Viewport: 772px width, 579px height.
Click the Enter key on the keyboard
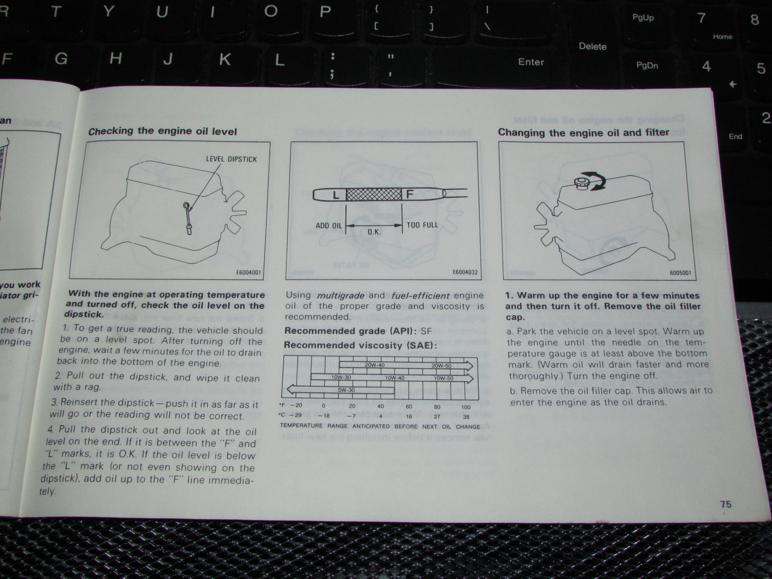click(x=531, y=62)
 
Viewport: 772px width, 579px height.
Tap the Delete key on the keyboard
click(x=592, y=46)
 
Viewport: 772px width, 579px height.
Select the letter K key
click(x=224, y=59)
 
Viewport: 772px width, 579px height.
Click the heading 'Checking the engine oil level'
click(x=162, y=131)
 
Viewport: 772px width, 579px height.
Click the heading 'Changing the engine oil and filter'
click(x=583, y=132)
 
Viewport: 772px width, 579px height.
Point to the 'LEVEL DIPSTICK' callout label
click(x=231, y=159)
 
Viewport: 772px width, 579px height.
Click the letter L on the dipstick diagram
click(x=336, y=195)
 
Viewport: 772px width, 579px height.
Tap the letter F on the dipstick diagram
click(x=410, y=194)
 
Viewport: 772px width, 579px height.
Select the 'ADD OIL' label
click(x=328, y=226)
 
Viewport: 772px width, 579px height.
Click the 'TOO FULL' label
click(x=422, y=225)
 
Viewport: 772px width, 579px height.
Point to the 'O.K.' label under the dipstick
click(x=374, y=232)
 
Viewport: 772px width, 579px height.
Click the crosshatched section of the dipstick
click(x=373, y=194)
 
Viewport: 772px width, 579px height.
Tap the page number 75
click(x=725, y=504)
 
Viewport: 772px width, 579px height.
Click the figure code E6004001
click(x=248, y=272)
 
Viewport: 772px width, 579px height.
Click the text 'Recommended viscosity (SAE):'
click(x=360, y=345)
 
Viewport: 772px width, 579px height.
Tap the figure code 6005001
click(x=680, y=273)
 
